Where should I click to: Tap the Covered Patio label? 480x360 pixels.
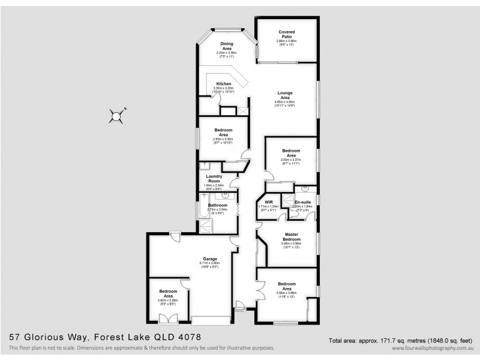pos(286,34)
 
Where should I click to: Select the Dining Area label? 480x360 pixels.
pos(226,46)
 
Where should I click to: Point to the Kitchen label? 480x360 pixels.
pos(224,83)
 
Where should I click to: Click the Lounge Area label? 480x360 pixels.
pos(285,95)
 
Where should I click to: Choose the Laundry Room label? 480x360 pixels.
pos(215,178)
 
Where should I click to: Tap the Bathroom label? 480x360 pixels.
pos(218,205)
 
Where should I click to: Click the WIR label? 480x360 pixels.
pos(269,202)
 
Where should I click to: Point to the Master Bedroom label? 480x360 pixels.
pos(291,236)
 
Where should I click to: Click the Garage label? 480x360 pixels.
pos(209,259)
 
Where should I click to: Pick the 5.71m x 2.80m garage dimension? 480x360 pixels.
pos(209,263)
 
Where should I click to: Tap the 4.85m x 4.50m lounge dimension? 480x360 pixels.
pos(285,103)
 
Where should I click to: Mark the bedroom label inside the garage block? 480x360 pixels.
pos(169,295)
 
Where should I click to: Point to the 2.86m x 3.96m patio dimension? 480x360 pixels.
pos(286,41)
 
